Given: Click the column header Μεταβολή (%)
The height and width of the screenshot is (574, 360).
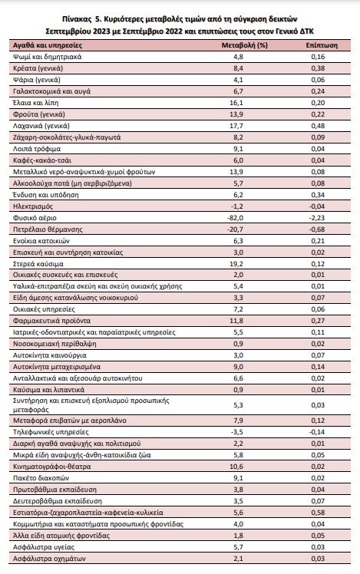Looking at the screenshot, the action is [x=244, y=45].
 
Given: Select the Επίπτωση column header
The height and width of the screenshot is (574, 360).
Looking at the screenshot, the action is [x=322, y=45].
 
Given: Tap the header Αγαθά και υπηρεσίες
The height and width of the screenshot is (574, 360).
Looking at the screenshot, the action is [x=48, y=45].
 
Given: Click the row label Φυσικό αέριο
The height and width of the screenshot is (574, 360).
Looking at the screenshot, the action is [x=35, y=218].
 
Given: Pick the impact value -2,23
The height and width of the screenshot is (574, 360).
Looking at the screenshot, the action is [x=317, y=218].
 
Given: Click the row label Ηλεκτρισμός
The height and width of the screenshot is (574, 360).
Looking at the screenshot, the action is [x=33, y=206].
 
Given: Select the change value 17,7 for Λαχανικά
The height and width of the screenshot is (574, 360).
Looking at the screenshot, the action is [x=236, y=126].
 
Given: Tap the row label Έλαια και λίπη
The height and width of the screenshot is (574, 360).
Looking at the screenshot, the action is [x=36, y=103].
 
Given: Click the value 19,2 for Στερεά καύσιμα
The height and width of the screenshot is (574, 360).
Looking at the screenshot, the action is [x=236, y=264].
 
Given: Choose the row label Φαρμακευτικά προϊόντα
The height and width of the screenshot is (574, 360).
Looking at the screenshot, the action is [x=51, y=321].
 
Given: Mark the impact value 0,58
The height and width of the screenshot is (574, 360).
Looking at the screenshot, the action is [x=318, y=513].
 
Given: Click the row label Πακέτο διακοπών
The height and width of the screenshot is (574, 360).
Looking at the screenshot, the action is [x=41, y=478].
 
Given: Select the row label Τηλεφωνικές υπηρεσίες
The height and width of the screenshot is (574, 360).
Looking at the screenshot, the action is [x=51, y=432].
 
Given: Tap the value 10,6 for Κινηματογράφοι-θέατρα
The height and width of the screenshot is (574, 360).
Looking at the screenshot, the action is [x=236, y=467].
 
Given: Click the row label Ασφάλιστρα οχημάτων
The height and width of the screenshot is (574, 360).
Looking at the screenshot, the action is [x=49, y=559].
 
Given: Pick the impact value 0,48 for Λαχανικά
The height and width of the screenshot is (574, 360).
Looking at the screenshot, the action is [x=318, y=126].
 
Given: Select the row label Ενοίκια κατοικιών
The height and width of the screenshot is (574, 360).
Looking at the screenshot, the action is [x=41, y=241].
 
